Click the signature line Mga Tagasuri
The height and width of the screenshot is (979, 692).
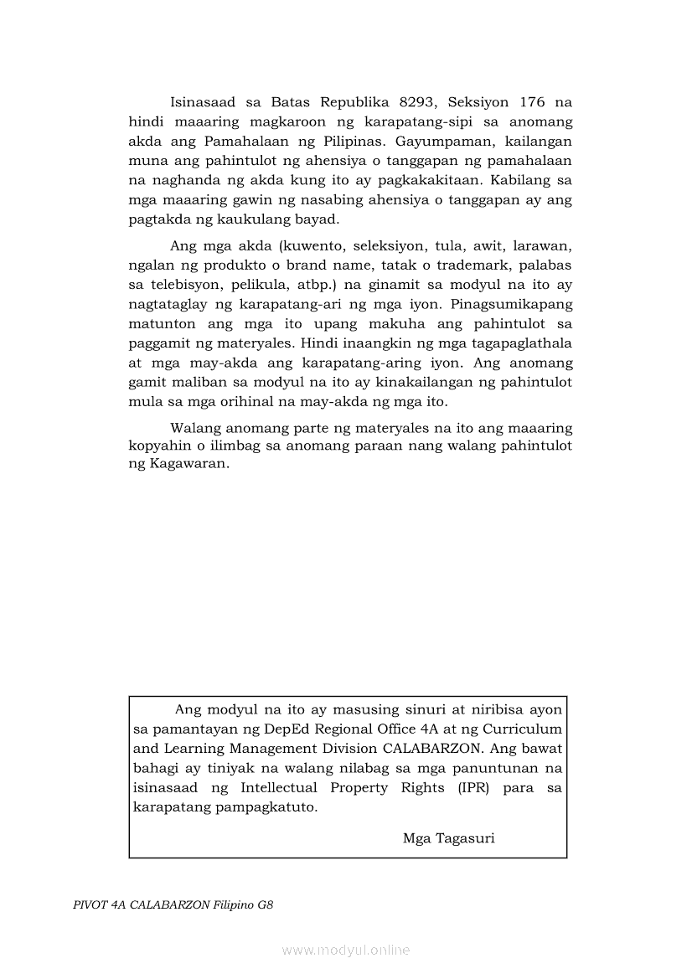coord(448,837)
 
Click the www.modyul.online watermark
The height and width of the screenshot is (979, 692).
coord(345,950)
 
